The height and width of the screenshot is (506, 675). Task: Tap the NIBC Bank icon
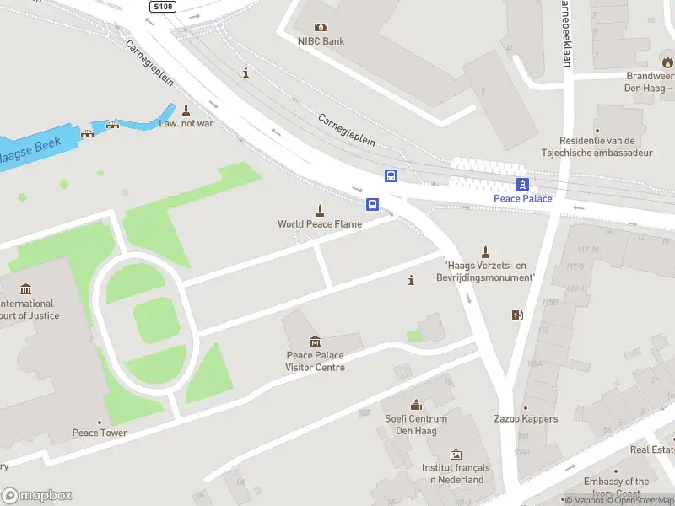coord(321,27)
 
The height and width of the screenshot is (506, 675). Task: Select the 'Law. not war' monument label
coord(186,123)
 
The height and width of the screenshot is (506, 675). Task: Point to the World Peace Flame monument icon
coord(320,210)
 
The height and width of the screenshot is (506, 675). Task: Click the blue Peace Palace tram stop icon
coord(523,185)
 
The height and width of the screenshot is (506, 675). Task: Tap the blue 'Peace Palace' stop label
coord(523,199)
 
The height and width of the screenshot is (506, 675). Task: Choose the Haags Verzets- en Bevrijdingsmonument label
coord(489,272)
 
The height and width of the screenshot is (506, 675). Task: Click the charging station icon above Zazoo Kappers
coord(517,315)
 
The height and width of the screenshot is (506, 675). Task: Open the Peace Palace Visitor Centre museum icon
coord(315,341)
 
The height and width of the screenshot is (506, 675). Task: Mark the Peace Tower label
coord(100,433)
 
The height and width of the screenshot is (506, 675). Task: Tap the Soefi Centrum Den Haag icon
coord(415,405)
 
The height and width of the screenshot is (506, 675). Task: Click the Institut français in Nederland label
coord(456,474)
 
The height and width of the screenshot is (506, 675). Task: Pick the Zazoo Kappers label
coord(526,419)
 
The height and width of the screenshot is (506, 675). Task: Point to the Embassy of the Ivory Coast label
coord(618,487)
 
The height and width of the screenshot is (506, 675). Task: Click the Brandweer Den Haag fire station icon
coord(667,61)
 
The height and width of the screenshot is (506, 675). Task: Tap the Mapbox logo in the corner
coord(37,496)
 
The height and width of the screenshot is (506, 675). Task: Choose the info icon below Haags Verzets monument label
coord(411,281)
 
